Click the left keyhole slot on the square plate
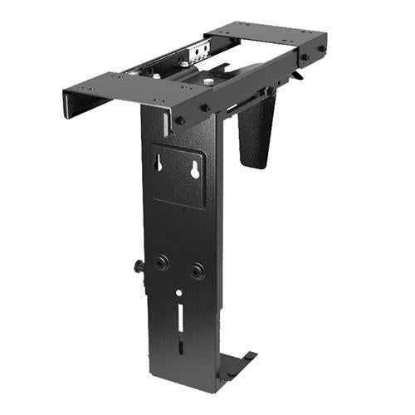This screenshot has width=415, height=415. click(157, 164)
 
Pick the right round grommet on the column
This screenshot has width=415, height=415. click(197, 271)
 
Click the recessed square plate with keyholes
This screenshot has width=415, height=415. click(178, 174)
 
